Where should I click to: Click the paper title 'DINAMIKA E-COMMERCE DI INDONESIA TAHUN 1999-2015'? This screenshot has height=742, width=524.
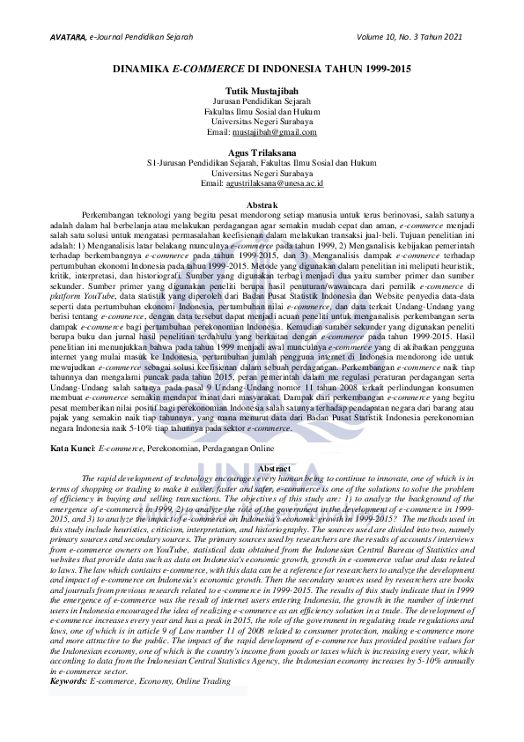point(262,68)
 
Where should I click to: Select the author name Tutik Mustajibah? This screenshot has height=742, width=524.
point(261,92)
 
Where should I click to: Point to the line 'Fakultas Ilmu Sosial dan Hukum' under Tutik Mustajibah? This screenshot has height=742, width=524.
point(262,112)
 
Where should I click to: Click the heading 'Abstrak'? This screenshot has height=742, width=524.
point(262,204)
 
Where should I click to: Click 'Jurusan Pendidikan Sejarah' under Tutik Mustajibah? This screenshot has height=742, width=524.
point(262,102)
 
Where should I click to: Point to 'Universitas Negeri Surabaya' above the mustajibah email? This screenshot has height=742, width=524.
point(262,122)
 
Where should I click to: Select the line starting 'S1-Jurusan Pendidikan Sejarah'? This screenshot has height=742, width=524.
point(262,163)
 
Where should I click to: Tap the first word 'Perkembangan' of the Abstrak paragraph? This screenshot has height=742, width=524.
point(105,214)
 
